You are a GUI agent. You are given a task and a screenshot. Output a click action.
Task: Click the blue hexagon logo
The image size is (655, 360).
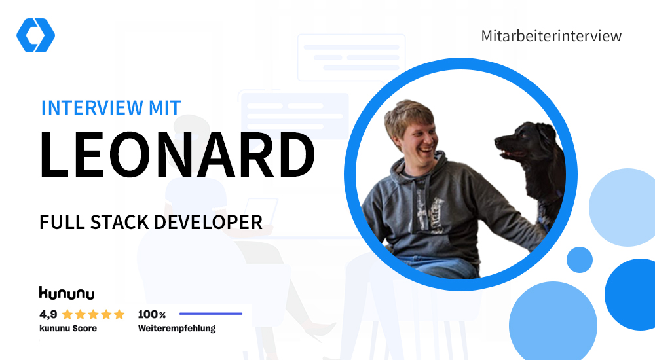35,35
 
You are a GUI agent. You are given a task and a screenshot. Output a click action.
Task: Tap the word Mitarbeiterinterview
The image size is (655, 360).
551,36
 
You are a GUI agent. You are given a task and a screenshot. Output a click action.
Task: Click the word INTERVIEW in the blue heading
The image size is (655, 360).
92,108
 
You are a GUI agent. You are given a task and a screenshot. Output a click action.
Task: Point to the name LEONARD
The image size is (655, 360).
177,154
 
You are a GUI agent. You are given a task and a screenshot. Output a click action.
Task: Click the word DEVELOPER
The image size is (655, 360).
208,222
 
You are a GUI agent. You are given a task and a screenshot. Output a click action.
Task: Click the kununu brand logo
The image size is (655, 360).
67,293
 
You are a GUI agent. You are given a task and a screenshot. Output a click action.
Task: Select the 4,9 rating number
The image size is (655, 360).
48,314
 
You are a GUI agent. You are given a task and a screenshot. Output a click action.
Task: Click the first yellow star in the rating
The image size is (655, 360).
67,314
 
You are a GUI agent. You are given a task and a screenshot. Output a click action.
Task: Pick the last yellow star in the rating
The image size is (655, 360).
119,314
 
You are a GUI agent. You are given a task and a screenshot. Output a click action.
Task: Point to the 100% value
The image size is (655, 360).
152,314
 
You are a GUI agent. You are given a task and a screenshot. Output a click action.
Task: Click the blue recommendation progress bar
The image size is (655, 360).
211,314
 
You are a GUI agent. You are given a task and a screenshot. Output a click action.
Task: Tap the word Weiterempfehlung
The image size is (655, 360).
177,329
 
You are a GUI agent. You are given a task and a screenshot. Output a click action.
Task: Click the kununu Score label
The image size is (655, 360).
68,329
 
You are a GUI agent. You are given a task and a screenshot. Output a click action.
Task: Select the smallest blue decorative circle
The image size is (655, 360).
580,260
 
